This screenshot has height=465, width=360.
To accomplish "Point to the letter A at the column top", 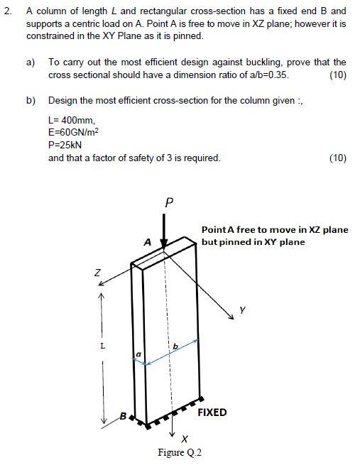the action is (x=147, y=241).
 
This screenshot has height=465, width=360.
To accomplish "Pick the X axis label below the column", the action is (x=185, y=437).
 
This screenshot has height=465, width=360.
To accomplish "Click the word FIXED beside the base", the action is (x=212, y=412).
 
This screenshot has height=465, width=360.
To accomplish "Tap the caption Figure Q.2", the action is (x=180, y=453).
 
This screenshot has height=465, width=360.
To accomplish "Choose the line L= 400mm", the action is (x=71, y=119).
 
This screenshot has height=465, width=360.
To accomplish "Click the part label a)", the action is (x=31, y=63).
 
